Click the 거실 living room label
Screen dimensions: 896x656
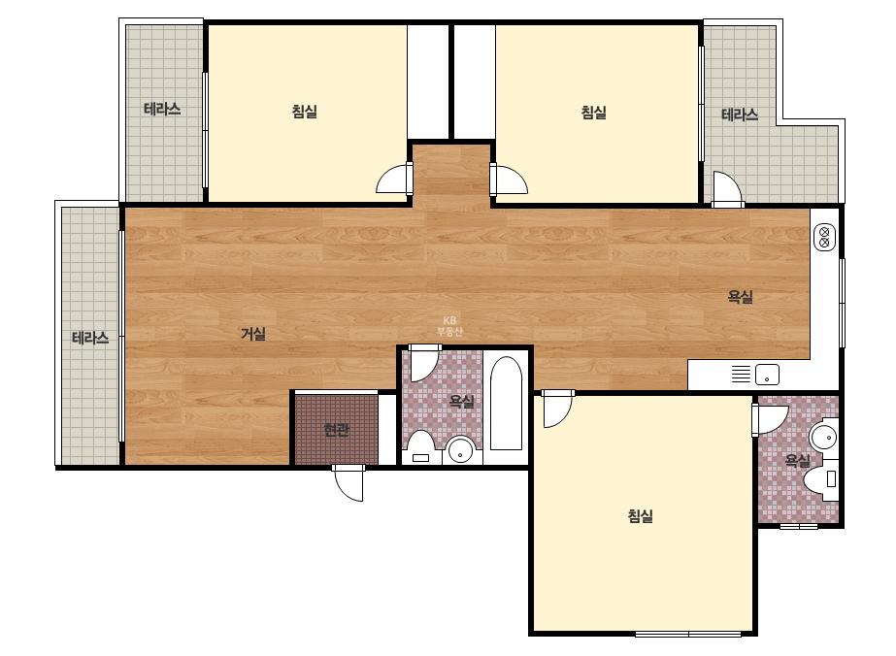coord(253,334)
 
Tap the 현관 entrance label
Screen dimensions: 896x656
coord(336,429)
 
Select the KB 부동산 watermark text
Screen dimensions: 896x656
coord(449,326)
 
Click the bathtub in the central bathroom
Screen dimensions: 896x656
coord(506,403)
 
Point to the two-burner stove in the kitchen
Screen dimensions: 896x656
coord(824,237)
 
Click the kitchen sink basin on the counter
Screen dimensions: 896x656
coord(768,375)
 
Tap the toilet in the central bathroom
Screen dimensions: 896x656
coord(421,447)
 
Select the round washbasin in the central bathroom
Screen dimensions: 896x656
coord(460,450)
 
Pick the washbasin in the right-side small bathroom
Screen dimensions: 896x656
coord(824,438)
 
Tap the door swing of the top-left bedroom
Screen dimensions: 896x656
coord(394,179)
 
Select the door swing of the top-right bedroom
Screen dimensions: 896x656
coord(509,179)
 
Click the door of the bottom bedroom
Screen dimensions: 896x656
coord(557,410)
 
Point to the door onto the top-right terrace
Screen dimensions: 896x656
coord(727,188)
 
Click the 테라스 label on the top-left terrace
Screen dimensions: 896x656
coord(162,109)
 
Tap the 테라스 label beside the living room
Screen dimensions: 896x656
coord(90,339)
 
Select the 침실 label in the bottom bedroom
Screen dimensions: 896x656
coord(640,516)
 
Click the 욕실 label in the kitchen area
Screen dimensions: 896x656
coord(740,297)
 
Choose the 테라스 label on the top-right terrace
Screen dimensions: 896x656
coord(740,115)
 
